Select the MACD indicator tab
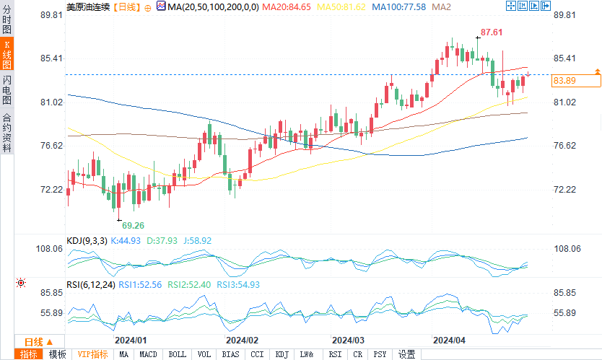coord(148,354)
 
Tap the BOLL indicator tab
coord(176,354)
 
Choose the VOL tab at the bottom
coord(204,354)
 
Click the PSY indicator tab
coord(380,354)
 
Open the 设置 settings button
coord(407,354)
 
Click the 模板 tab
coord(57,354)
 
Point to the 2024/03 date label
coord(348,340)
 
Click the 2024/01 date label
coord(131,340)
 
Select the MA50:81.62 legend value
coord(344,6)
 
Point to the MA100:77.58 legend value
coord(403,6)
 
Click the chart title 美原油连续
coord(88,6)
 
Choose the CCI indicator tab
coord(256,354)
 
